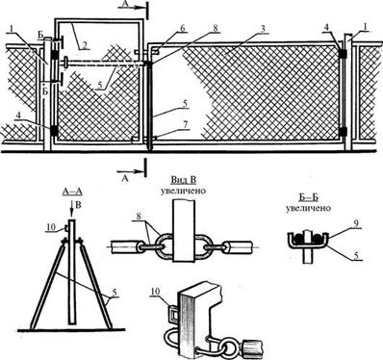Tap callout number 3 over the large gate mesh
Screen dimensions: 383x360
point(263,29)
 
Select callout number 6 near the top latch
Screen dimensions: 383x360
point(183,28)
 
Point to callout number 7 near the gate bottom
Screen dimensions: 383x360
point(184,124)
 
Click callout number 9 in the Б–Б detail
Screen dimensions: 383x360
point(356,223)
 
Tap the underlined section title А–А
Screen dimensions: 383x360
point(71,192)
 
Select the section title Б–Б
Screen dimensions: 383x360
point(308,197)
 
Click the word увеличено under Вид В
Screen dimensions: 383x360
point(183,191)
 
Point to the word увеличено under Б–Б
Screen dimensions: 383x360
point(308,208)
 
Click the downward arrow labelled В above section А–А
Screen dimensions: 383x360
point(71,208)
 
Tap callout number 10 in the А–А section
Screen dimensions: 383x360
point(51,227)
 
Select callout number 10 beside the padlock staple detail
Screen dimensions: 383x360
point(156,291)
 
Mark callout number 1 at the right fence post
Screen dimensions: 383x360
point(366,28)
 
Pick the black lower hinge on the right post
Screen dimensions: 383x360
point(344,131)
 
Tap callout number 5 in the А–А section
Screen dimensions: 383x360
point(114,293)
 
